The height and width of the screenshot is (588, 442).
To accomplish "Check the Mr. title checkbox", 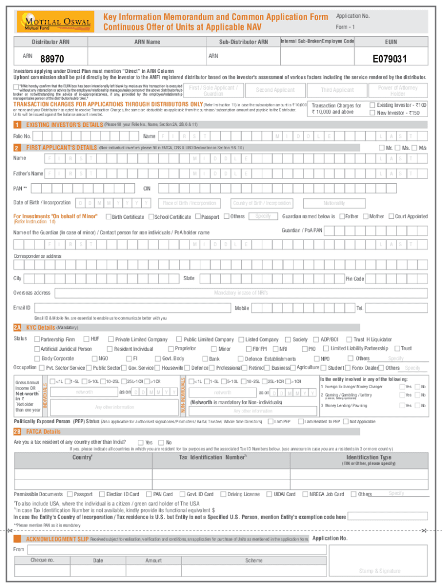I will click(x=381, y=148).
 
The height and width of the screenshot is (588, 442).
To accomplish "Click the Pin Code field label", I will click(x=354, y=278).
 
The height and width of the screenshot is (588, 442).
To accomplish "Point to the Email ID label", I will click(x=22, y=308).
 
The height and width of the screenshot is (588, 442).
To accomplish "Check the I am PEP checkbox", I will click(x=271, y=421).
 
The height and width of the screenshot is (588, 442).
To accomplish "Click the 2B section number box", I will click(x=17, y=431).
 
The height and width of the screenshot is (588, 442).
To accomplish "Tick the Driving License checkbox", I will click(x=224, y=494).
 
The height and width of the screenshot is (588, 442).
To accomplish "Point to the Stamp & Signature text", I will click(x=379, y=571).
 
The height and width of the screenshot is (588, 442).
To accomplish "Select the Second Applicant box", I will click(x=275, y=90).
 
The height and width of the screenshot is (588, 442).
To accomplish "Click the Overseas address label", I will click(x=32, y=293).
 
